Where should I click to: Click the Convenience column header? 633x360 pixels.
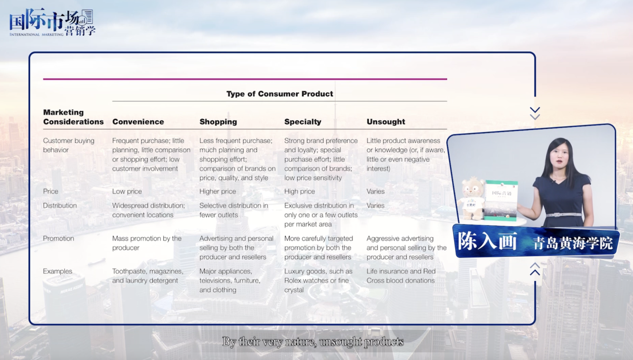(138, 122)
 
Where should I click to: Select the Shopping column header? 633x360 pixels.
(218, 122)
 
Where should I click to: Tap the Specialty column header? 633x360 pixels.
(303, 122)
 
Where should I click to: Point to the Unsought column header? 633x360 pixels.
(386, 122)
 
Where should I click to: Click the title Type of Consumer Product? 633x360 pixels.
(280, 94)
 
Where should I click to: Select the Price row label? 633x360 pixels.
(50, 191)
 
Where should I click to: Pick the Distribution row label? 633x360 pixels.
(60, 205)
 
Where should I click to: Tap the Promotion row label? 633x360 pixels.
(58, 238)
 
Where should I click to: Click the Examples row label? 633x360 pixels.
(58, 271)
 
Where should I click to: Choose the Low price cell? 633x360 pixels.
(127, 191)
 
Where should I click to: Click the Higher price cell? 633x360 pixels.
(218, 191)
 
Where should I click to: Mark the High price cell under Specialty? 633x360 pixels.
(300, 191)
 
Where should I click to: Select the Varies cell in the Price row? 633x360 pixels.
(375, 191)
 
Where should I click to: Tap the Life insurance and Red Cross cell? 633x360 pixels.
(401, 276)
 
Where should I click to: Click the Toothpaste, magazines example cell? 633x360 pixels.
(148, 276)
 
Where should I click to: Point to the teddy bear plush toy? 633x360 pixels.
(472, 199)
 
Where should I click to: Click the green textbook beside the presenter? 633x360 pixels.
(501, 200)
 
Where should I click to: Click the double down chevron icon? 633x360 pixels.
(535, 113)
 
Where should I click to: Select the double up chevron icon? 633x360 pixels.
(535, 269)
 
